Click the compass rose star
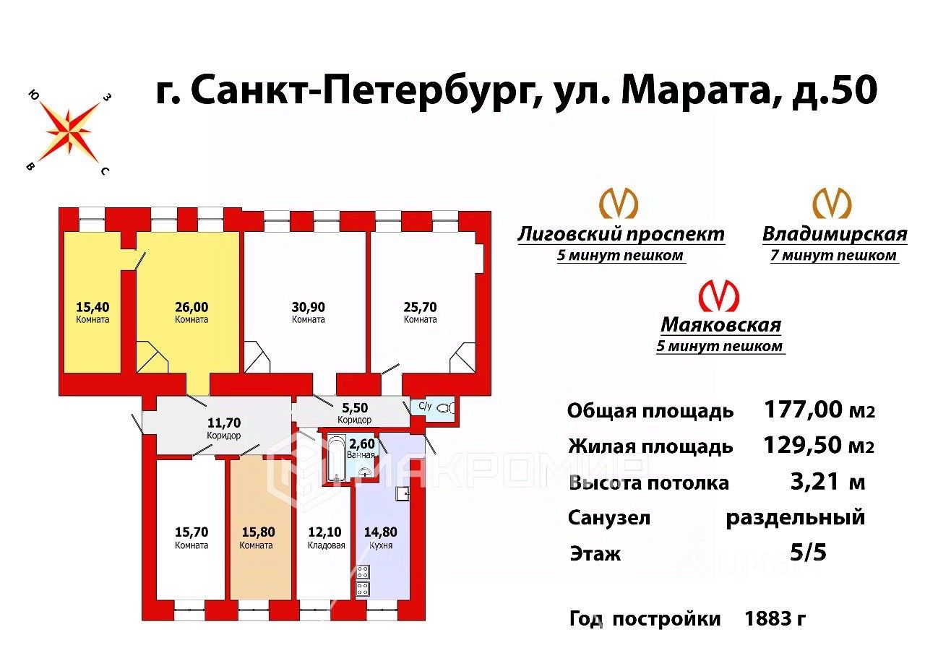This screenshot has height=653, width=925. pyautogui.click(x=69, y=132)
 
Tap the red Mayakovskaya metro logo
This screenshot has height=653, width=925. pyautogui.click(x=718, y=296)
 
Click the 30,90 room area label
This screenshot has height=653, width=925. pyautogui.click(x=309, y=306)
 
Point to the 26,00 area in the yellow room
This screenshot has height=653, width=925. pyautogui.click(x=192, y=306)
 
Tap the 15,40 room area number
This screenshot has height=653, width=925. pyautogui.click(x=92, y=306)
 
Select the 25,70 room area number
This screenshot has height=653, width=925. pyautogui.click(x=420, y=306)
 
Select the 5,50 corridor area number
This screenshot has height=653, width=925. pyautogui.click(x=354, y=408)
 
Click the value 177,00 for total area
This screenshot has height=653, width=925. pyautogui.click(x=803, y=410)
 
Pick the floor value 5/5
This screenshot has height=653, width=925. pyautogui.click(x=809, y=553)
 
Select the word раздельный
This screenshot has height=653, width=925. pyautogui.click(x=795, y=517)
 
